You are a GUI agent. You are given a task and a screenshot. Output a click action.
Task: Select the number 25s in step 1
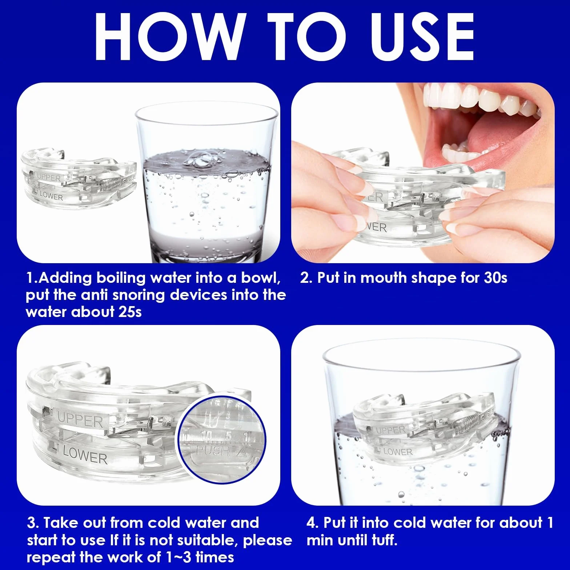[130, 312]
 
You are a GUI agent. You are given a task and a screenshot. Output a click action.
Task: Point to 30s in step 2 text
[495, 278]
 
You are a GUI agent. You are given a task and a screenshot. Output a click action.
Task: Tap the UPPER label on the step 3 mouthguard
[80, 420]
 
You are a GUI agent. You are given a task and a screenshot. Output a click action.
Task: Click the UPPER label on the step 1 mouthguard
[49, 178]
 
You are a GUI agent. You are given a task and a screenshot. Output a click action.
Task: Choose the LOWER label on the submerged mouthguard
[398, 452]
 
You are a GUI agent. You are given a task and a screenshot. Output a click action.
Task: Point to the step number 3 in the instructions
[32, 523]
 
